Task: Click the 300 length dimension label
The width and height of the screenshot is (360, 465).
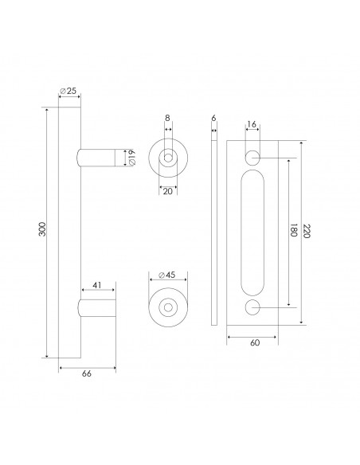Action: [42, 231]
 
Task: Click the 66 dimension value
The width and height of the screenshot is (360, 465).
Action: [87, 376]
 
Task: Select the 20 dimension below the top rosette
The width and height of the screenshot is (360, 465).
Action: [168, 191]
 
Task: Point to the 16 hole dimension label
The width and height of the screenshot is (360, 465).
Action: [252, 126]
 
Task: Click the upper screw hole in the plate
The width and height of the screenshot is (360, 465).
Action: [252, 157]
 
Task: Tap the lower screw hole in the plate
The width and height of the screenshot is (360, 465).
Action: [252, 306]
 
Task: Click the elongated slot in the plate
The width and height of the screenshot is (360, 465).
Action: [252, 231]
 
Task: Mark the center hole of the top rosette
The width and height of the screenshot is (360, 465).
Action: [168, 158]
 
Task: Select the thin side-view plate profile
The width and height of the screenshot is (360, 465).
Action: [213, 231]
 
